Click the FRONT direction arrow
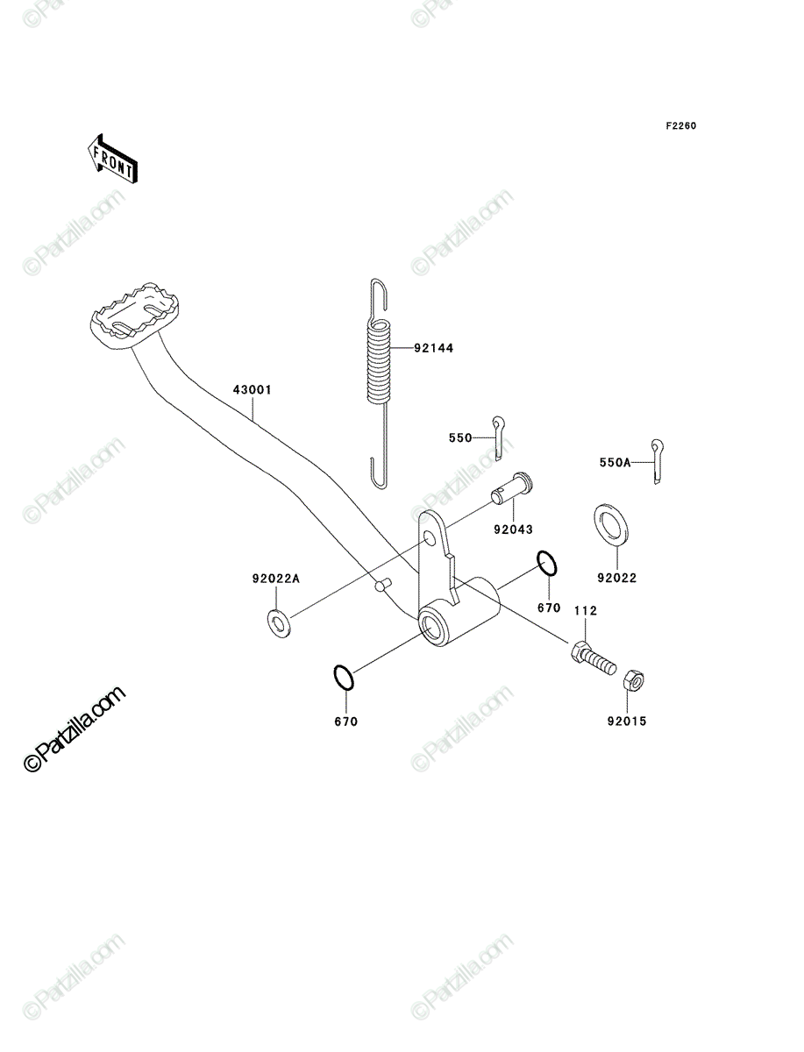[x=112, y=159]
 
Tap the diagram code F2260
[x=681, y=126]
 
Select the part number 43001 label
[x=252, y=389]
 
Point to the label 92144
[x=434, y=348]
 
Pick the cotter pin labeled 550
[x=498, y=438]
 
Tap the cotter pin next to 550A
[x=657, y=461]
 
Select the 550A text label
[x=615, y=463]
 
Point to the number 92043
[x=513, y=530]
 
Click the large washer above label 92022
[x=611, y=524]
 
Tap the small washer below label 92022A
[x=279, y=623]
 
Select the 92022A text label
[x=275, y=579]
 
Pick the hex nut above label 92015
[x=633, y=680]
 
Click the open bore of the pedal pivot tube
[x=432, y=628]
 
